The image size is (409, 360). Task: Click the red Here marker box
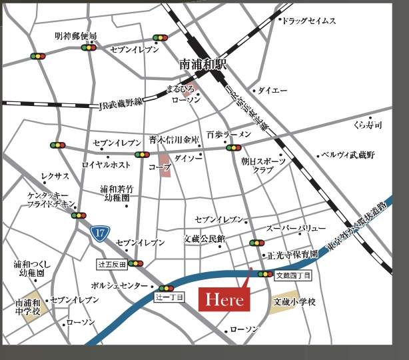pyautogui.click(x=224, y=300)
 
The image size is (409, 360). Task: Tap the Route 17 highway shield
pyautogui.click(x=99, y=233)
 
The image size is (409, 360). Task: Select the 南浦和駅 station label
pyautogui.click(x=203, y=65)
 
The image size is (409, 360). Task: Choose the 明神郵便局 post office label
pyautogui.click(x=76, y=35)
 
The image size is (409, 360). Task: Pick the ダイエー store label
pyautogui.click(x=272, y=90)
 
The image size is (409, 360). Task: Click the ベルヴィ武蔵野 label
pyautogui.click(x=348, y=155)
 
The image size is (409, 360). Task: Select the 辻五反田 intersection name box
pyautogui.click(x=112, y=264)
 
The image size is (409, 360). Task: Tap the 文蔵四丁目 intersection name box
pyautogui.click(x=292, y=274)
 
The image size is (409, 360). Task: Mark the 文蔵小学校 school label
pyautogui.click(x=294, y=302)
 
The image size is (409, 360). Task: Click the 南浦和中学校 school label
pyautogui.click(x=28, y=307)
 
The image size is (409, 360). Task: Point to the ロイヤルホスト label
pyautogui.click(x=107, y=164)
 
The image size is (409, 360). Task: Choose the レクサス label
pyautogui.click(x=55, y=176)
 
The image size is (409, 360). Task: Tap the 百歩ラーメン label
pyautogui.click(x=228, y=134)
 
